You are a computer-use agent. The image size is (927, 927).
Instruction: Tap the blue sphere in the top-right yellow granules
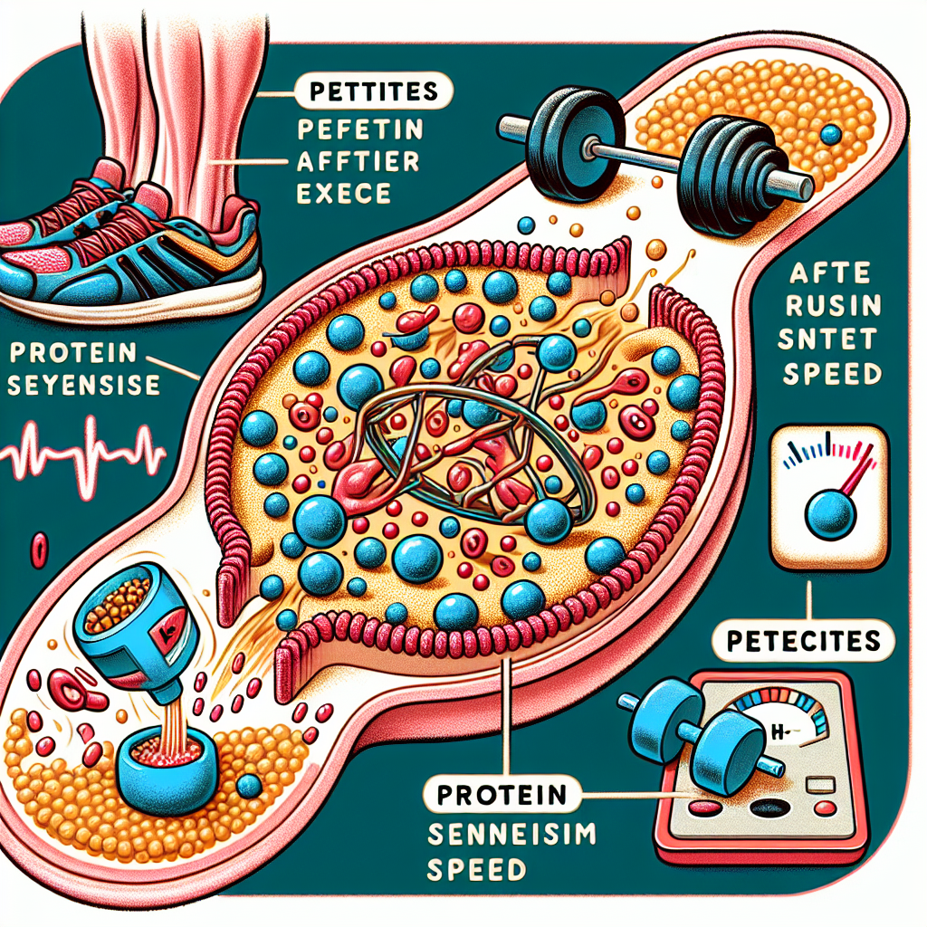(x=830, y=135)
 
